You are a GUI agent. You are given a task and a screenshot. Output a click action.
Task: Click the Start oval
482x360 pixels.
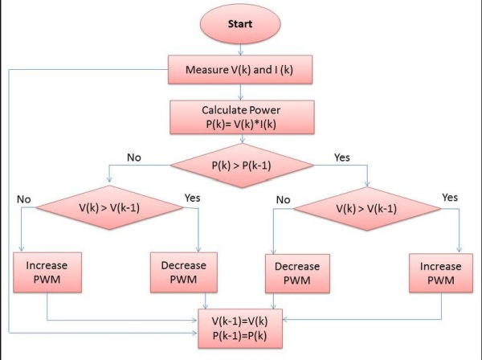point(241,23)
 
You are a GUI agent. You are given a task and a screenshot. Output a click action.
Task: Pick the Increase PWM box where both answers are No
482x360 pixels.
point(47,271)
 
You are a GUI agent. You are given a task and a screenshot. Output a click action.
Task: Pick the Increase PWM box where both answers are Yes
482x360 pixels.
point(441,271)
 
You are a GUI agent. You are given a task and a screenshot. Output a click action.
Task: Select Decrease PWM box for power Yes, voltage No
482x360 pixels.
point(296,271)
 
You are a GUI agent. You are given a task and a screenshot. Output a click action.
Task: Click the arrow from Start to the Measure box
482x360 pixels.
point(241,50)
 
